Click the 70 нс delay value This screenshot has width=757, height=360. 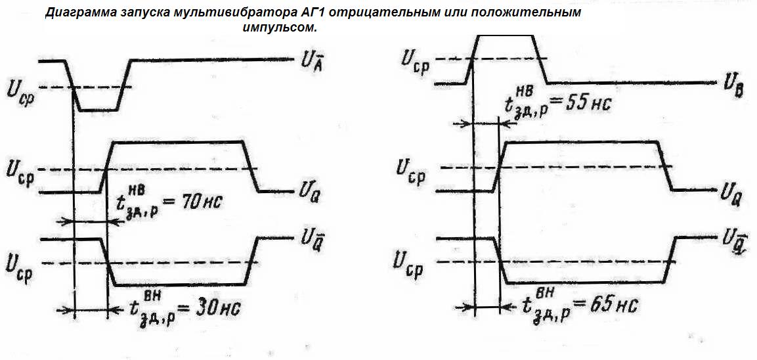point(198,201)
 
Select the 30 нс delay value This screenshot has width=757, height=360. point(215,308)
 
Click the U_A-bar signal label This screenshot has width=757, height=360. point(311,61)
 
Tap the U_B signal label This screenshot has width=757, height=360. point(734,87)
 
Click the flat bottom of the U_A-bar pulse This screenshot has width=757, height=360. point(98,110)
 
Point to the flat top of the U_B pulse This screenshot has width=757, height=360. point(505,35)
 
